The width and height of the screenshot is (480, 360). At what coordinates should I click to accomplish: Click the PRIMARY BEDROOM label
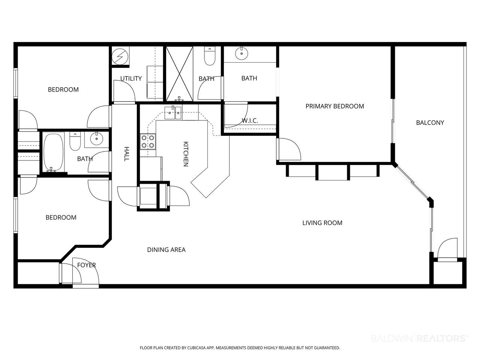tap(334, 106)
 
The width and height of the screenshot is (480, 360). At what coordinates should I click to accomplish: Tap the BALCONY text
tap(430, 123)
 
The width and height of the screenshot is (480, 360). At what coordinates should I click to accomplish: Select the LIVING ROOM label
tap(322, 223)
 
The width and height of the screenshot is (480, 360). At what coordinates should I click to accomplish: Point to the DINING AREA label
tap(166, 250)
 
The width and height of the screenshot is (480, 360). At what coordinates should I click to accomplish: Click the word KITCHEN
tap(186, 154)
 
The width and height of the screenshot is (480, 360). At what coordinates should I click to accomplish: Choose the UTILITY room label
tap(131, 78)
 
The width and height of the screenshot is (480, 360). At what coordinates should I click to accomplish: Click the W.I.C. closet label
tap(250, 120)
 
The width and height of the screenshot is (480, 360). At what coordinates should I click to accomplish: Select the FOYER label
tap(86, 265)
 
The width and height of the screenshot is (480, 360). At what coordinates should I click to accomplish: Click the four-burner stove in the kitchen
tap(148, 142)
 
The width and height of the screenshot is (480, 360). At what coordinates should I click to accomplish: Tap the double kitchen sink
tap(173, 113)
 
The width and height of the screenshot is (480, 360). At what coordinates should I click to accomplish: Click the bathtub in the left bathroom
tap(54, 152)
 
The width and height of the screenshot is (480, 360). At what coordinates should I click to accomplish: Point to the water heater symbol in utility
tap(120, 56)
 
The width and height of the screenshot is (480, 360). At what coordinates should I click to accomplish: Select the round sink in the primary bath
tap(241, 53)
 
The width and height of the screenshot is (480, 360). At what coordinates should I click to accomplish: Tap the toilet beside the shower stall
tap(210, 56)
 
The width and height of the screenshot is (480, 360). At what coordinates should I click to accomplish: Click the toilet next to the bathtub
tap(75, 141)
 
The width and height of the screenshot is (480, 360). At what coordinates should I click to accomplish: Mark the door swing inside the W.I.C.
tap(236, 115)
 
